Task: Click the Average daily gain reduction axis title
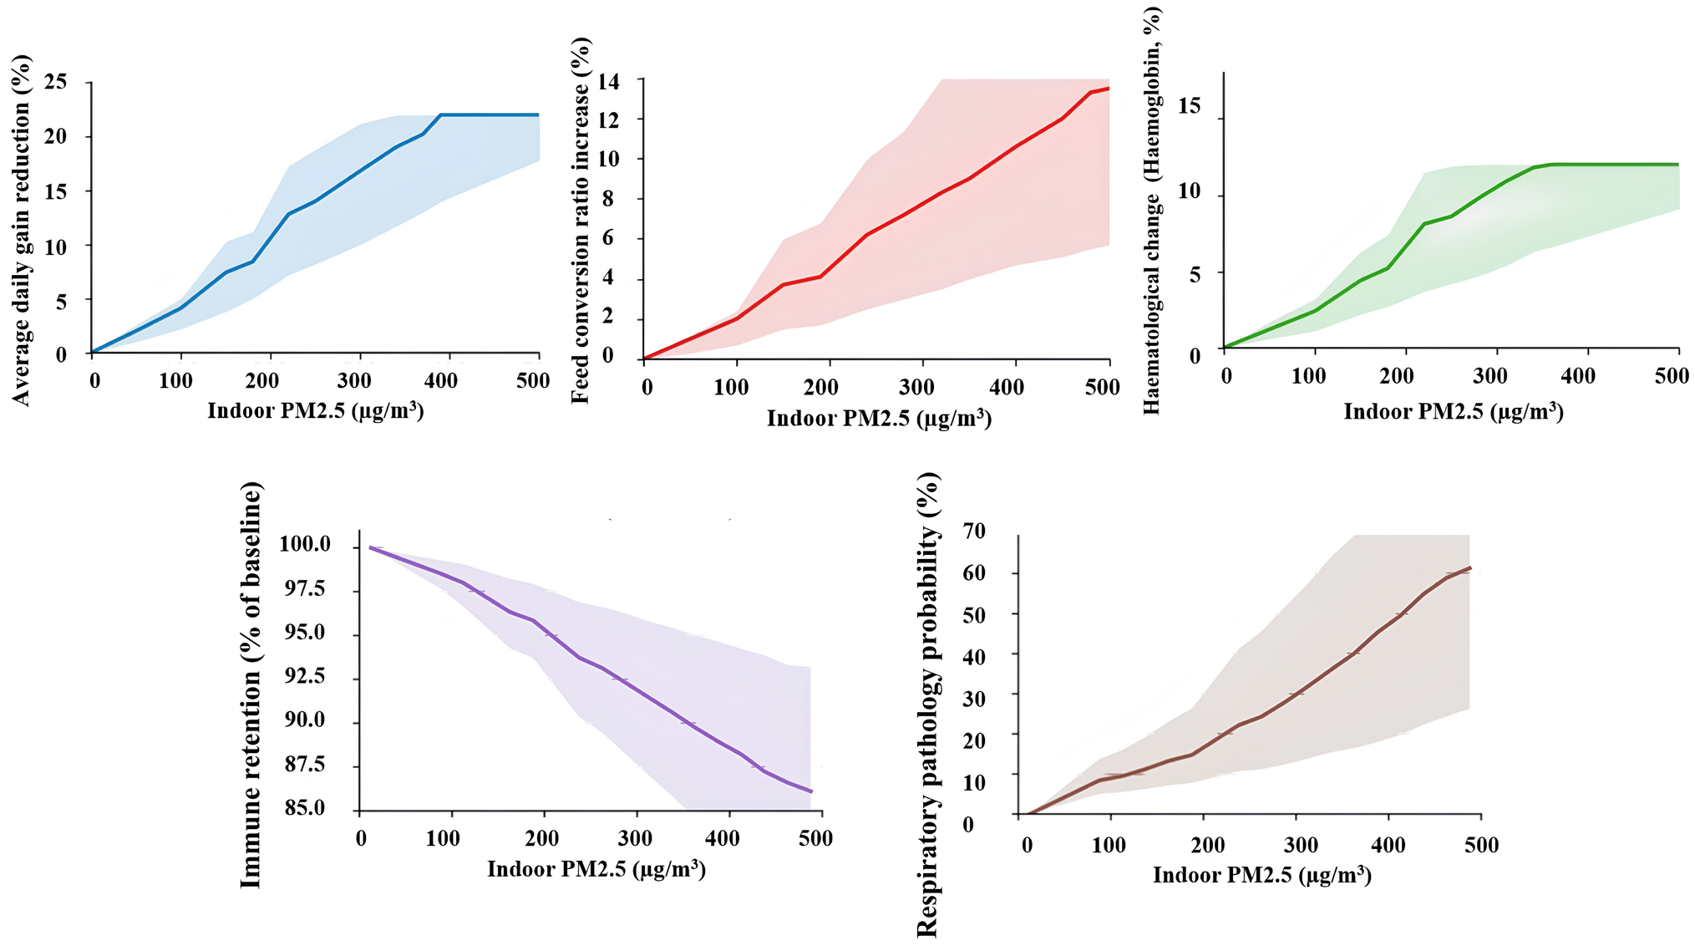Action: pos(21,231)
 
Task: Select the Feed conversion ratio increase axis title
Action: pos(580,221)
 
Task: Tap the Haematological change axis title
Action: pos(1152,211)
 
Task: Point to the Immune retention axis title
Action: pos(251,684)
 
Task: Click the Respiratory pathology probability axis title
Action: pos(928,704)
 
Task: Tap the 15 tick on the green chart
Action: pos(1189,106)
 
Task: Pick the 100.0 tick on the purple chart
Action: pos(305,545)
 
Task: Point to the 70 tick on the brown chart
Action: pos(974,531)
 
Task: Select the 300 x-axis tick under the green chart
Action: pos(1490,376)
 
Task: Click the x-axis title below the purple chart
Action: pos(596,870)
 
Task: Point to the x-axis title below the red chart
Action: pos(879,418)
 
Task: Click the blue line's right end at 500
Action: pos(539,114)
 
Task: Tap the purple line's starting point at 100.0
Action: pos(370,548)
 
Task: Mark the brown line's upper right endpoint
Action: pos(1470,568)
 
